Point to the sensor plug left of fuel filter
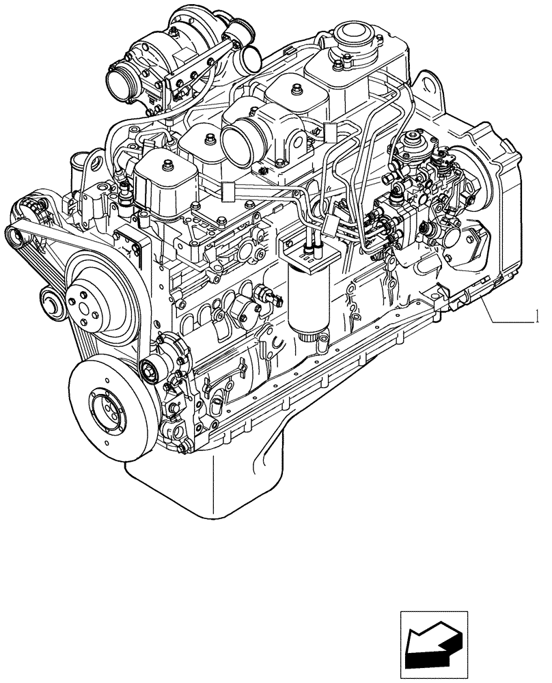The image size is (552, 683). [266, 296]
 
